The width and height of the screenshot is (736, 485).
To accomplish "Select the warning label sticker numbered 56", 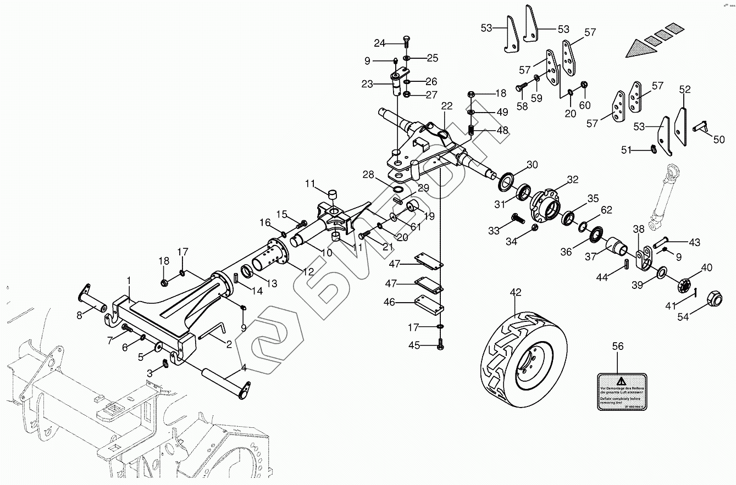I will tap(622, 391).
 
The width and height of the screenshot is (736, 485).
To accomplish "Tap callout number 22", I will tap(446, 106).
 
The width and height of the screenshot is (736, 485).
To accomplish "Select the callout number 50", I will tap(719, 140).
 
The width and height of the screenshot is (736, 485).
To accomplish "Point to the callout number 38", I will tap(638, 230).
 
